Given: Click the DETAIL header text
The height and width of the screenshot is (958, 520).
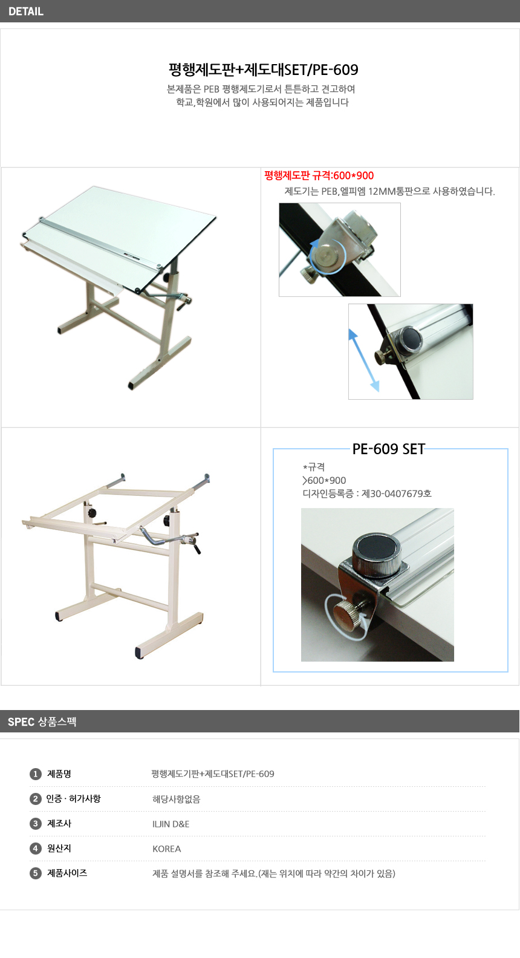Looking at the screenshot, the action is click(x=25, y=11).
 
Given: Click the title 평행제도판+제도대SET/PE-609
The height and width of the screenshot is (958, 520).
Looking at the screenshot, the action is click(x=263, y=70).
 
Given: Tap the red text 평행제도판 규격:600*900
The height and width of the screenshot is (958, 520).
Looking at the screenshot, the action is click(x=319, y=175).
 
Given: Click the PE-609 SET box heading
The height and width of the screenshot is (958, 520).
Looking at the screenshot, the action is click(x=388, y=449).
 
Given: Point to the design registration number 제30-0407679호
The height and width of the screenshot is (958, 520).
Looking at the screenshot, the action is click(x=397, y=494).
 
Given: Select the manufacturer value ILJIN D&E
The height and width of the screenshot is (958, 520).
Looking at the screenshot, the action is click(x=171, y=824).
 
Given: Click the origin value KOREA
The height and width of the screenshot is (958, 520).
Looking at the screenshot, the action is click(x=167, y=849).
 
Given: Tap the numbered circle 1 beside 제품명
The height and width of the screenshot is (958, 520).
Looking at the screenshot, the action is click(x=35, y=774).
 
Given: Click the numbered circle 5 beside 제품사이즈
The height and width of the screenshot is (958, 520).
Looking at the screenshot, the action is click(x=35, y=873).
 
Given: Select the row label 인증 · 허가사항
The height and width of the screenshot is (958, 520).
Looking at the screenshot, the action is click(x=74, y=799).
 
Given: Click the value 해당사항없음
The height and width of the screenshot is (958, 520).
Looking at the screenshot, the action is click(x=176, y=800).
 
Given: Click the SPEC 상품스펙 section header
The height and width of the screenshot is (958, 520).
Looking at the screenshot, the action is click(x=42, y=722).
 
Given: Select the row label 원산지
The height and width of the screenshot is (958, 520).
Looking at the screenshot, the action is click(x=59, y=849).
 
